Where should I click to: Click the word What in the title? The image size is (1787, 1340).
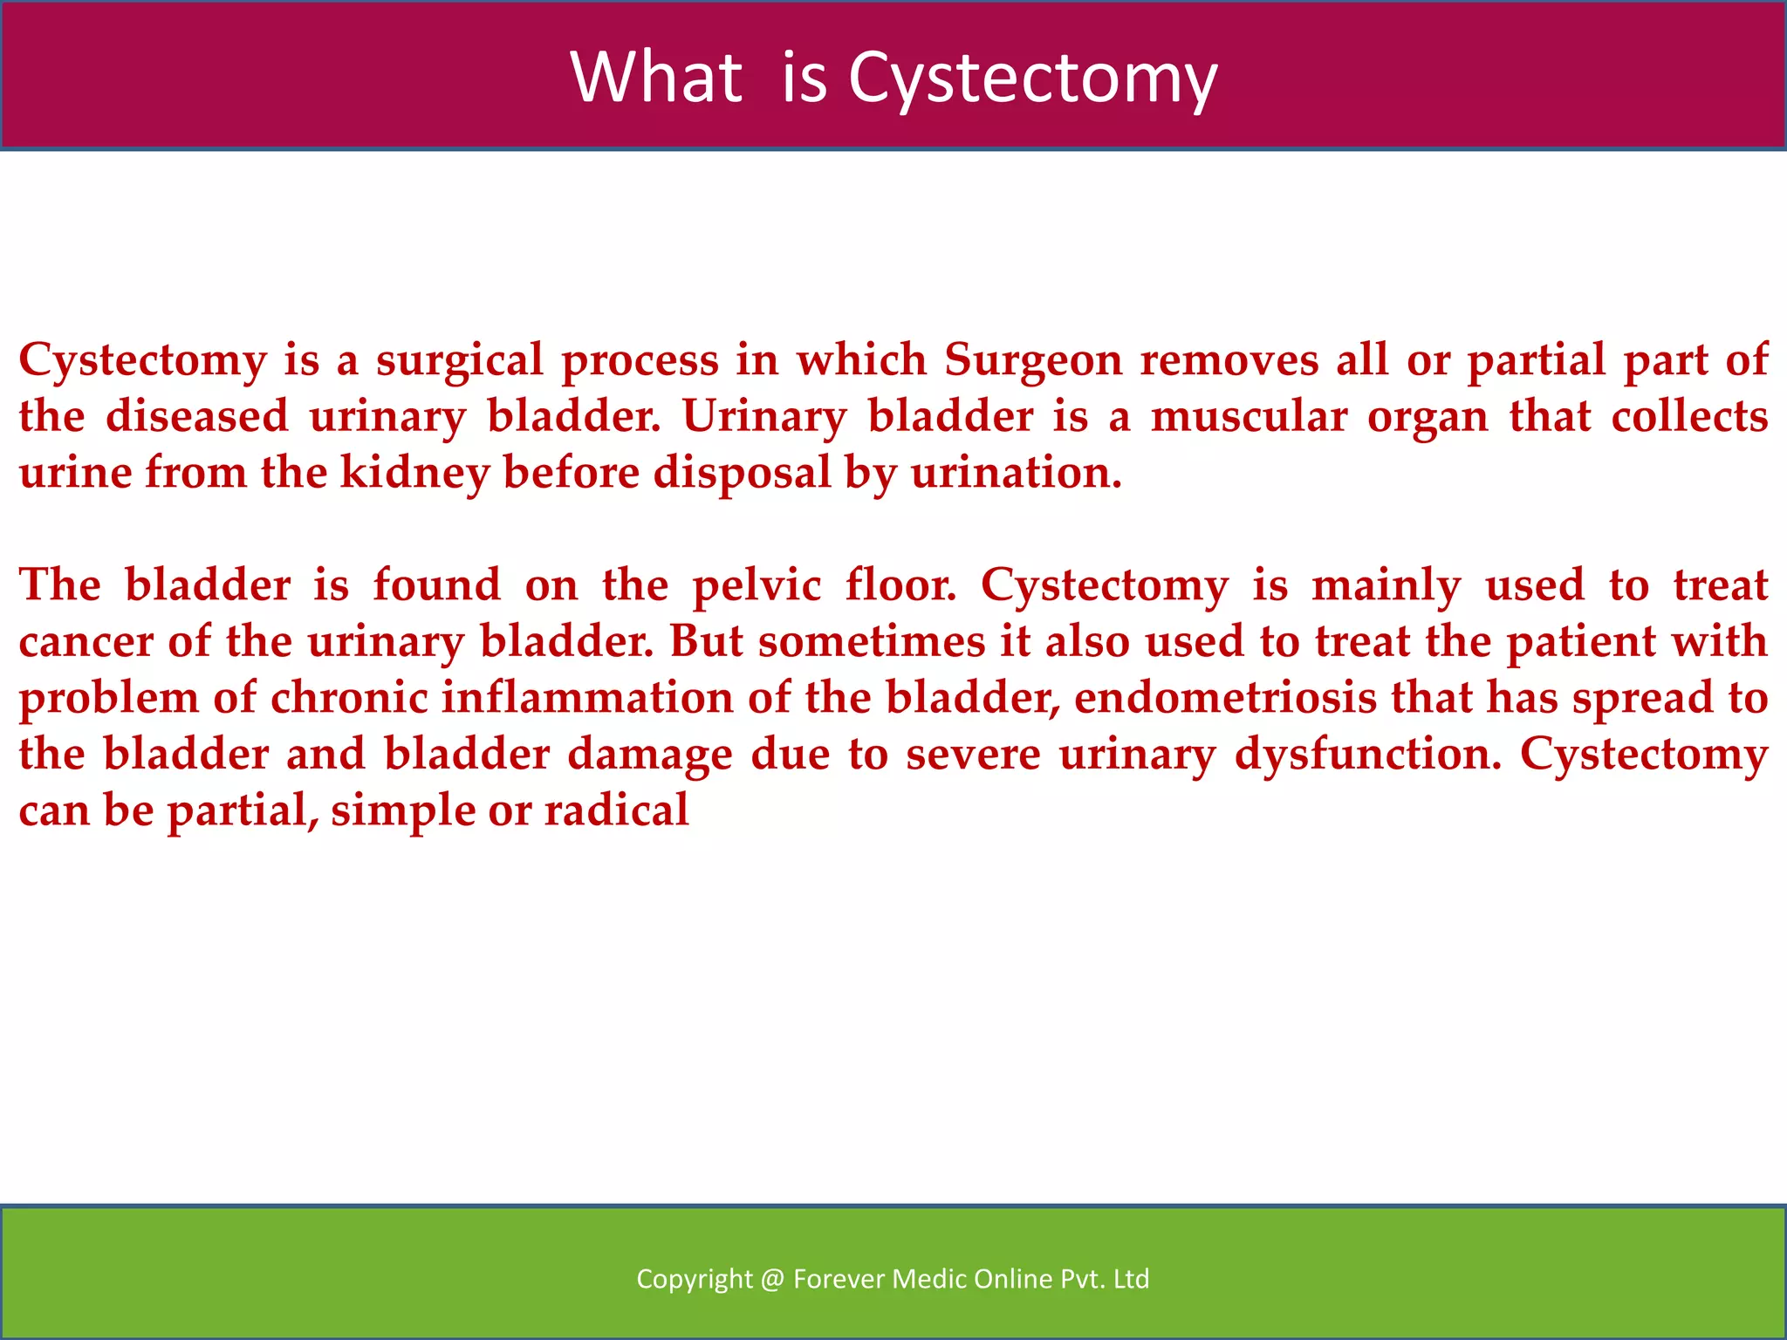(x=656, y=77)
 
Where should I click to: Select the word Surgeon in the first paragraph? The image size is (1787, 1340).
(x=1033, y=360)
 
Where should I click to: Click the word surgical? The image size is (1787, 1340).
(x=460, y=360)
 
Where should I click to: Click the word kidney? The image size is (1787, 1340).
(x=414, y=474)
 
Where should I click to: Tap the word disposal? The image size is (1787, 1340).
(x=742, y=474)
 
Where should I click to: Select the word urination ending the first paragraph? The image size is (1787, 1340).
(x=1015, y=474)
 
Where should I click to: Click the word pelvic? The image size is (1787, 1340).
(x=757, y=585)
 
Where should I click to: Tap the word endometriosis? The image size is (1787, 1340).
(x=1224, y=698)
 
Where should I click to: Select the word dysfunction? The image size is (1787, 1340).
(x=1367, y=755)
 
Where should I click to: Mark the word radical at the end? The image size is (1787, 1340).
(x=616, y=810)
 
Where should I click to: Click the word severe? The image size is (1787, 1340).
(x=973, y=755)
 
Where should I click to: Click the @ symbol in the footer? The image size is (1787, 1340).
(x=772, y=1279)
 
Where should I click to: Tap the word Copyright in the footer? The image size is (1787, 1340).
(x=694, y=1279)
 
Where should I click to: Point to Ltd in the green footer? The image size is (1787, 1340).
(x=1132, y=1279)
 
